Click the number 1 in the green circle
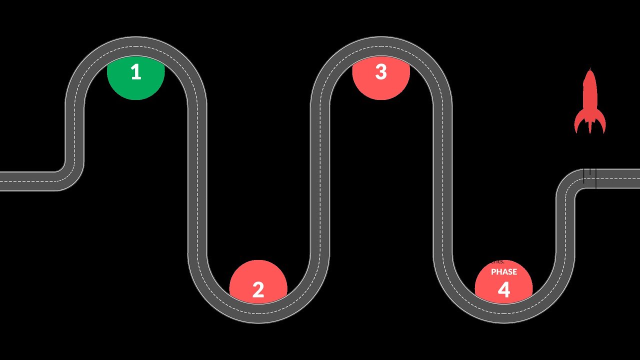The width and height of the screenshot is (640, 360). click(135, 72)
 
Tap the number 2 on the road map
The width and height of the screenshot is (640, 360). click(258, 290)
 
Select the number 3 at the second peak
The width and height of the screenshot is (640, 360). click(381, 72)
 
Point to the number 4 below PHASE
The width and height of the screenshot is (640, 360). click(503, 290)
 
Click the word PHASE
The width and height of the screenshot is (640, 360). click(503, 272)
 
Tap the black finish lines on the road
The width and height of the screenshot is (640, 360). click(590, 178)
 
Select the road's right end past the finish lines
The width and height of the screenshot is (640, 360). click(630, 178)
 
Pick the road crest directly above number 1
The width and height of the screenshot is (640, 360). click(135, 46)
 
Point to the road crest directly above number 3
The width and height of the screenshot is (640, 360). click(381, 46)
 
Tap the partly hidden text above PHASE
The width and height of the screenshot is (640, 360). click(497, 261)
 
